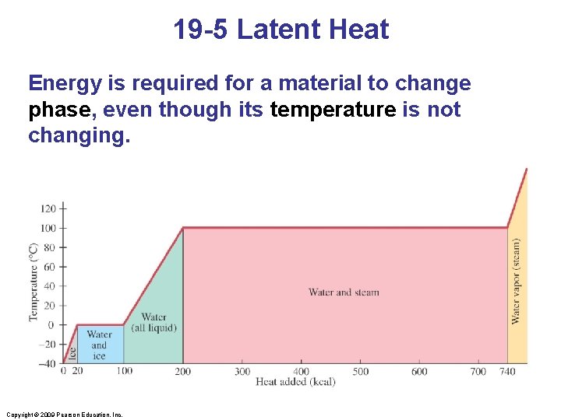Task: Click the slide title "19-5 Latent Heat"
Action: tap(280, 30)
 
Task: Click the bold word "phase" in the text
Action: tap(59, 110)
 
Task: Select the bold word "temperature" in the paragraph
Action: tap(333, 110)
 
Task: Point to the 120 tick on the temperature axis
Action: tap(48, 208)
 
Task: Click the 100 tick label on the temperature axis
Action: tap(48, 228)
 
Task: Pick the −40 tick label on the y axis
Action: tap(48, 363)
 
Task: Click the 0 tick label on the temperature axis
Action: tap(52, 325)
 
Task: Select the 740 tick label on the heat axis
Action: tap(508, 372)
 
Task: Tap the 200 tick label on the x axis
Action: tap(182, 372)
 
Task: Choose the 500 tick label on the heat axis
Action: tap(360, 372)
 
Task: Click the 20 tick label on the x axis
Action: tap(77, 371)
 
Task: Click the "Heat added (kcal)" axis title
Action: tap(295, 382)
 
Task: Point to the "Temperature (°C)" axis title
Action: tap(34, 282)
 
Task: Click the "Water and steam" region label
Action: tap(344, 292)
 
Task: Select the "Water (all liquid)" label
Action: tap(153, 322)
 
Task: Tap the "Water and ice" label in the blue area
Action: tap(99, 345)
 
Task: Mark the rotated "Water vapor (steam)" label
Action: tap(516, 281)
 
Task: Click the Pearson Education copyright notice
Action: tap(63, 415)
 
